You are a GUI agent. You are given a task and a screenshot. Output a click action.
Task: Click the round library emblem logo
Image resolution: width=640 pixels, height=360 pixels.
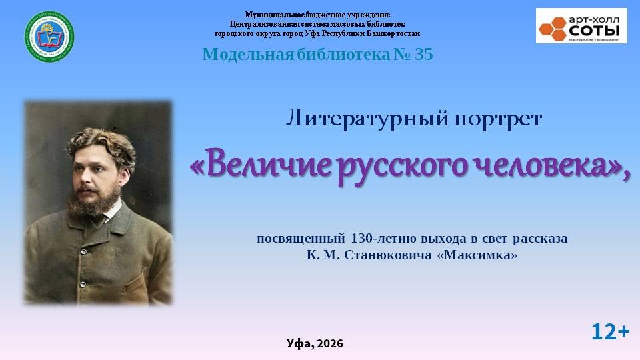tap(49, 37)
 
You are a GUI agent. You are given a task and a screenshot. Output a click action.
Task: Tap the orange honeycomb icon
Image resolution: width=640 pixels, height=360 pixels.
tap(553, 29)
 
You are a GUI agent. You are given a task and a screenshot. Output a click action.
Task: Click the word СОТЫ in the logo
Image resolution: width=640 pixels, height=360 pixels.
tap(594, 30)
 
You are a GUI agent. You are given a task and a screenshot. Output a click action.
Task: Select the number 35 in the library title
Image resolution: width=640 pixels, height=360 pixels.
tap(424, 54)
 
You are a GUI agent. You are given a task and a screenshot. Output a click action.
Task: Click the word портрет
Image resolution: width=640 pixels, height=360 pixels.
tap(498, 120)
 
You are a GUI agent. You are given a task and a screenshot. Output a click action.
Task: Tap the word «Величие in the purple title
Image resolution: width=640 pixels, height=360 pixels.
tap(261, 166)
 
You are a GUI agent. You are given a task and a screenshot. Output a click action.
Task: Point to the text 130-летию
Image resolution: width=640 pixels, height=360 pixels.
tap(383, 239)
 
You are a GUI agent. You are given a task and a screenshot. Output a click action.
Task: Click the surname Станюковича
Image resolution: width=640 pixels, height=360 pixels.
tap(388, 255)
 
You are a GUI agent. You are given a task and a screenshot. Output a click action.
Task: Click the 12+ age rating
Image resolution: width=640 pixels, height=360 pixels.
tap(611, 332)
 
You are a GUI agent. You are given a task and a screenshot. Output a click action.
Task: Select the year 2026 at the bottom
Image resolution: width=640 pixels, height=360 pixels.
tap(330, 344)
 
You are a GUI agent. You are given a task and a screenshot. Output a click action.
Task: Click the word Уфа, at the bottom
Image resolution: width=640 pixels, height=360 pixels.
tap(300, 344)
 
